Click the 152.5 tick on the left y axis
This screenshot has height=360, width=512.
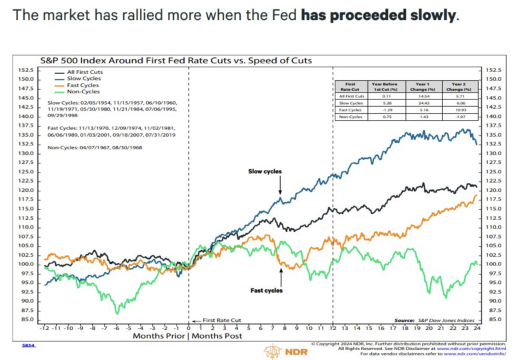24,69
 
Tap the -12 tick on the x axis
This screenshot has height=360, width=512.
45,328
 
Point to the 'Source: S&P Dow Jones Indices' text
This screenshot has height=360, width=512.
434,320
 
